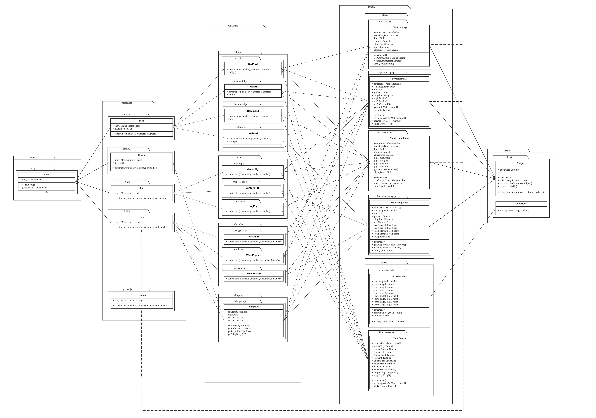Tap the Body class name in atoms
point(47,175)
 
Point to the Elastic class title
point(141,155)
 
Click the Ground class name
point(141,295)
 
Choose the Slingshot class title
point(254,307)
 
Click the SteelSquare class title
point(253,273)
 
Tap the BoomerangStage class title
point(399,203)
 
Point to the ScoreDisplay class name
point(399,276)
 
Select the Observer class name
point(521,204)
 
